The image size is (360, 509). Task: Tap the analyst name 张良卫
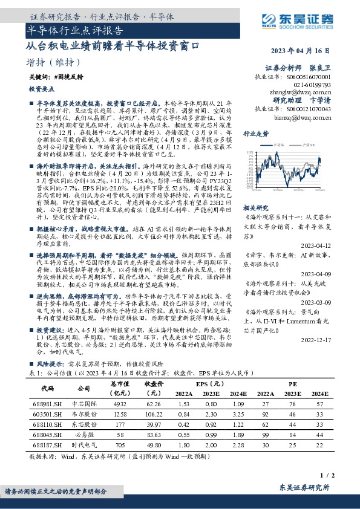[x=321, y=69]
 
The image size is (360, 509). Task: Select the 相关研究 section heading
[x=255, y=207]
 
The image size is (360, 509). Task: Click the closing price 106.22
[x=154, y=415]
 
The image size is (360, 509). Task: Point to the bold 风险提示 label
[x=49, y=366]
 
